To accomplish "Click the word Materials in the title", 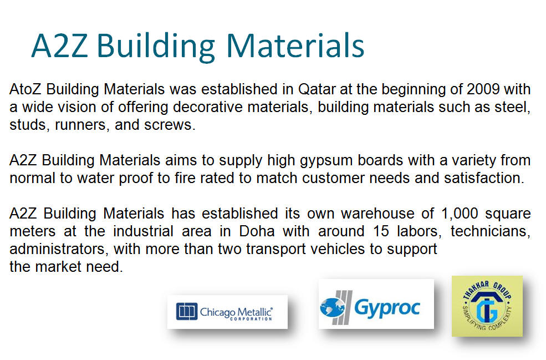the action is [295, 45].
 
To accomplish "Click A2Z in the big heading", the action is [59, 45].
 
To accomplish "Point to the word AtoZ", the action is [25, 89].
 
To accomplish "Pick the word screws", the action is [170, 125].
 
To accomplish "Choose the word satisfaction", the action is [484, 178].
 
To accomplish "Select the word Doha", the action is [257, 231].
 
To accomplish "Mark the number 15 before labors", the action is [381, 231].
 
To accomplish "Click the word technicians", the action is [490, 231].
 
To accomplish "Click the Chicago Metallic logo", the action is [227, 312].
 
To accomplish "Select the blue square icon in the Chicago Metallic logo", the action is [187, 311].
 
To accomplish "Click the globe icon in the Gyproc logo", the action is [332, 307].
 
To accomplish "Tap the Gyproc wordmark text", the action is [387, 308].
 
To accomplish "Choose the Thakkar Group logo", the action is [487, 306].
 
